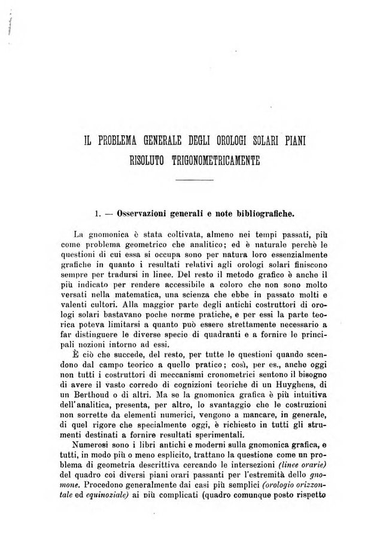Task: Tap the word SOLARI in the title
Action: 262,142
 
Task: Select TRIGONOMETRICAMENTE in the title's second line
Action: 214,160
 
